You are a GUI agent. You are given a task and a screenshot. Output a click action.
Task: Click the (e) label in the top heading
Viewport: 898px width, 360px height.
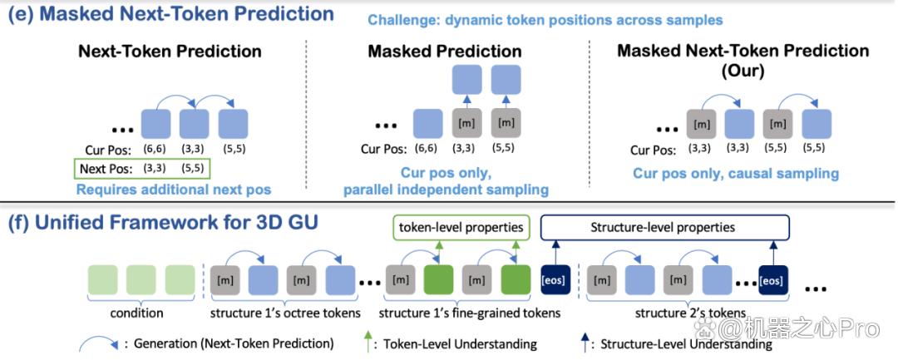pyautogui.click(x=21, y=14)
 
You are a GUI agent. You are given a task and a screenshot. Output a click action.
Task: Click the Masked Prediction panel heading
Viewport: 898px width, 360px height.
pyautogui.click(x=444, y=51)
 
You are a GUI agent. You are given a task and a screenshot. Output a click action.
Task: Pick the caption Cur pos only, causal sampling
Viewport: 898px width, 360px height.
pyautogui.click(x=736, y=173)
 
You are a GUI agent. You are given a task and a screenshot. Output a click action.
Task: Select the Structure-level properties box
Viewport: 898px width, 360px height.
pyautogui.click(x=665, y=227)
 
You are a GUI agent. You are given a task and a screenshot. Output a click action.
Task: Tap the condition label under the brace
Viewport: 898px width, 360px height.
pyautogui.click(x=137, y=313)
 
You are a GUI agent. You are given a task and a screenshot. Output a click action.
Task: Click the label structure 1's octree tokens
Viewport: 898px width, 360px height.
pyautogui.click(x=285, y=313)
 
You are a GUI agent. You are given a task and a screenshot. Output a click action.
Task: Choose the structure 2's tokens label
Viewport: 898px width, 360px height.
pyautogui.click(x=690, y=313)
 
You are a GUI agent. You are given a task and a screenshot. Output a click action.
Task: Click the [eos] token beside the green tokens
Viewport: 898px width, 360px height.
pyautogui.click(x=555, y=280)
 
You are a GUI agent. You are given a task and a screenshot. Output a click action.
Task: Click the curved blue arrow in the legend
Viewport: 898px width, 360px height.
pyautogui.click(x=98, y=338)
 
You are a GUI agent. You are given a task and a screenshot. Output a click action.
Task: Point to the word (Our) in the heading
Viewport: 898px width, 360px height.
pyautogui.click(x=743, y=72)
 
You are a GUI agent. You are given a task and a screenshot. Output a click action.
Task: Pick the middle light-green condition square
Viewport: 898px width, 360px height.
pyautogui.click(x=141, y=280)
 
